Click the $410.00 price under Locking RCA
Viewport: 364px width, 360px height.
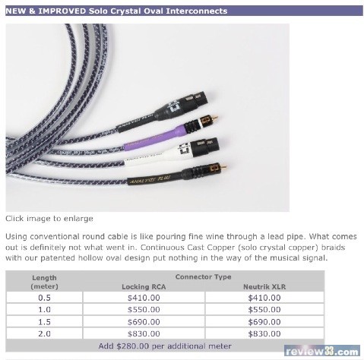[144, 298]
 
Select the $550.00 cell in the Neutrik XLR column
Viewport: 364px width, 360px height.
[264, 309]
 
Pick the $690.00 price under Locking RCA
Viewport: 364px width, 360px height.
[144, 322]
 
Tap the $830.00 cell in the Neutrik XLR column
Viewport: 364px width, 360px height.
[264, 333]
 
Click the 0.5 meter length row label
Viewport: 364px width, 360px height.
[44, 298]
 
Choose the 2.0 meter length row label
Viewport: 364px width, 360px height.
[44, 333]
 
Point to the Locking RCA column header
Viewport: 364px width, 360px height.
[144, 286]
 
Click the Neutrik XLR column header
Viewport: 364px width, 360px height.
[264, 286]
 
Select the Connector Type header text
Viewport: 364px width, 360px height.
[203, 277]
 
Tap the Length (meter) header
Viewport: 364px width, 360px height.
[44, 282]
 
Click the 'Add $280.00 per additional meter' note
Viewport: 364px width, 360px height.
[165, 346]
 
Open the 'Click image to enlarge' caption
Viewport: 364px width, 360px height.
[49, 218]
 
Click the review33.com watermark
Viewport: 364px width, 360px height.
[322, 351]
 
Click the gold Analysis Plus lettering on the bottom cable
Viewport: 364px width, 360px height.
[150, 179]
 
